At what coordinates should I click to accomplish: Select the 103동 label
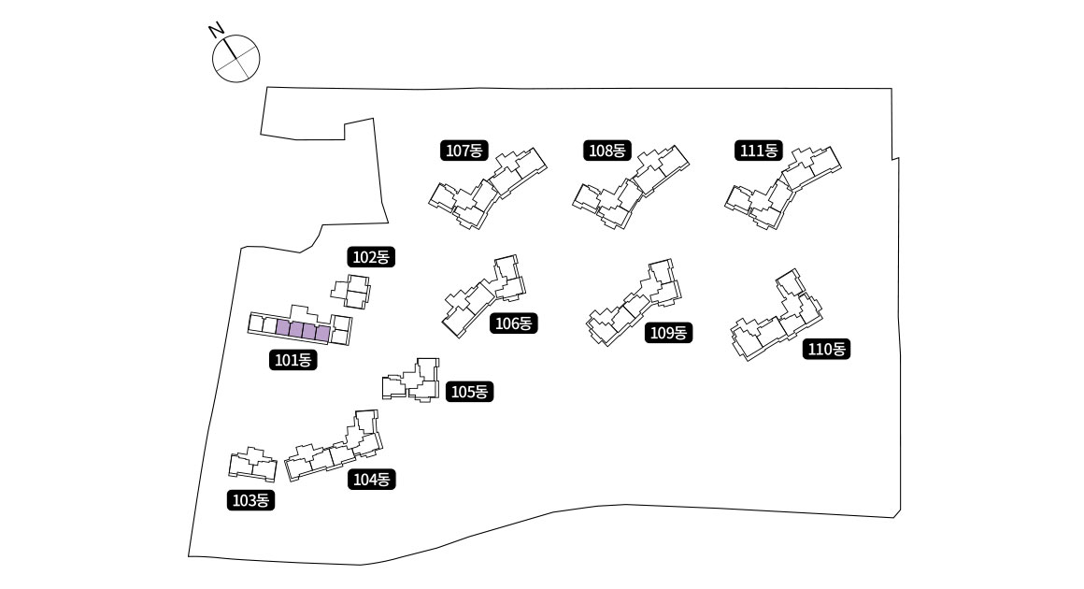coord(250,500)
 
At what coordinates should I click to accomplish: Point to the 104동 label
coord(373,479)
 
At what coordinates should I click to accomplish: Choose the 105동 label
coord(469,392)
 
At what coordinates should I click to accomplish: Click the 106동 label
coord(513,323)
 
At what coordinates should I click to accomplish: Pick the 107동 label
coord(464,150)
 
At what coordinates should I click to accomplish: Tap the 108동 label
coord(608,150)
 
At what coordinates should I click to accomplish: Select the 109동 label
coord(668,332)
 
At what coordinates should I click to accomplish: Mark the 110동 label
coord(826,349)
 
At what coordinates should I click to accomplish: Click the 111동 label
coord(758,150)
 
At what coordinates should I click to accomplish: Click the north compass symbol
coord(235,59)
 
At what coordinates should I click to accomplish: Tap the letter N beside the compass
coord(216,31)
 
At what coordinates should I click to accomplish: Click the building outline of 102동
coord(352,292)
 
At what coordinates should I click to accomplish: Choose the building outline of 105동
coord(415,380)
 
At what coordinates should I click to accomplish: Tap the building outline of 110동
coord(777,318)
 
